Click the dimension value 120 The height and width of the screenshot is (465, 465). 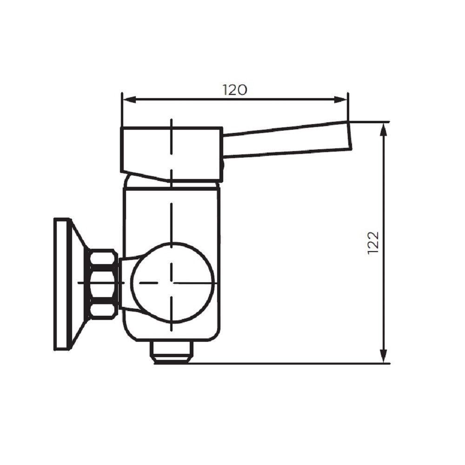pyautogui.click(x=234, y=90)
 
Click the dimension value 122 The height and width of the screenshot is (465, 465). pyautogui.click(x=373, y=242)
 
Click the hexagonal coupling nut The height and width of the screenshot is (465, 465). pyautogui.click(x=103, y=284)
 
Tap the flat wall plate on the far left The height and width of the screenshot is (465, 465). pyautogui.click(x=62, y=284)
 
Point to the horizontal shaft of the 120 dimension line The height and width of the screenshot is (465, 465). pyautogui.click(x=279, y=99)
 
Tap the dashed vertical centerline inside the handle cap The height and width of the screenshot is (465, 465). pyautogui.click(x=172, y=139)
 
